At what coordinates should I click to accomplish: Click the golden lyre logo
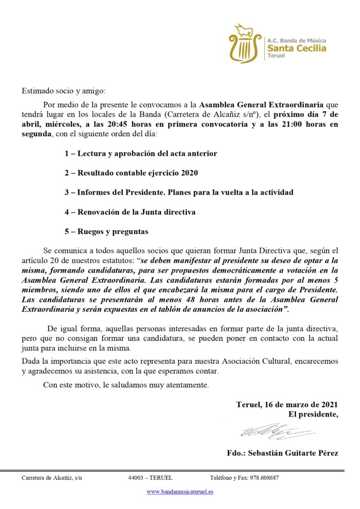point(245,43)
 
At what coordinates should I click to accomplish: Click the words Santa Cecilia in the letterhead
point(297,48)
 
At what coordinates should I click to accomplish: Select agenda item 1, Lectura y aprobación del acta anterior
point(141,153)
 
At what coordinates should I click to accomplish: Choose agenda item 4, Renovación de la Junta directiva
point(130,212)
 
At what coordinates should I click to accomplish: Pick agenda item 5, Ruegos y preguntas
point(106,231)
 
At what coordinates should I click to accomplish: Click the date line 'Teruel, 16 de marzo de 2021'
point(287,404)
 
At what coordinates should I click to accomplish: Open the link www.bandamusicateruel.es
point(180,491)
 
